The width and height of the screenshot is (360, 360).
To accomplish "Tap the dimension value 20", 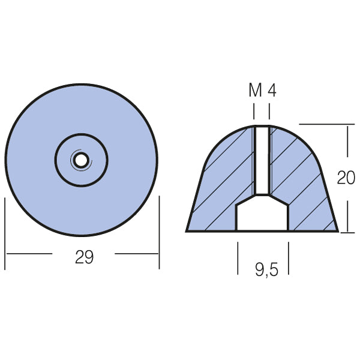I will tap(346, 178).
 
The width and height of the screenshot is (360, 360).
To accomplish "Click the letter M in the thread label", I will tap(255, 91).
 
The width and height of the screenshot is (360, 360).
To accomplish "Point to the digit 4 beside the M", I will tap(272, 91).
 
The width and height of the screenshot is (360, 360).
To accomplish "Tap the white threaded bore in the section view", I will tap(262, 160).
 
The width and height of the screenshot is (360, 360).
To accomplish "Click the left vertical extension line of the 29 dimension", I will tap(5, 234).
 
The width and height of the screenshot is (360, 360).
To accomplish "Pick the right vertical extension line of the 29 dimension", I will tap(159, 234).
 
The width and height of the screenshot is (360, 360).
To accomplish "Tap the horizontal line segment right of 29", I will tap(137, 253).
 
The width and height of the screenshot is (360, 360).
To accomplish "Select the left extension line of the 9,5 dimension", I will tap(238, 258).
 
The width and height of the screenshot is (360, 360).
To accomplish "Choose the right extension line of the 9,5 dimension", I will tap(289, 258).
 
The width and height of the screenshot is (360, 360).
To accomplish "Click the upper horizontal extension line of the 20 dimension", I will tap(324, 124).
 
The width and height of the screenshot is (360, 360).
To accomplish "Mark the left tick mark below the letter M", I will tap(254, 111).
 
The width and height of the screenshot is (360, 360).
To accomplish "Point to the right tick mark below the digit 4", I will tap(269, 111).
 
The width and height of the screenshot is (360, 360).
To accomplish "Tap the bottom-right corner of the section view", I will tap(337, 231).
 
